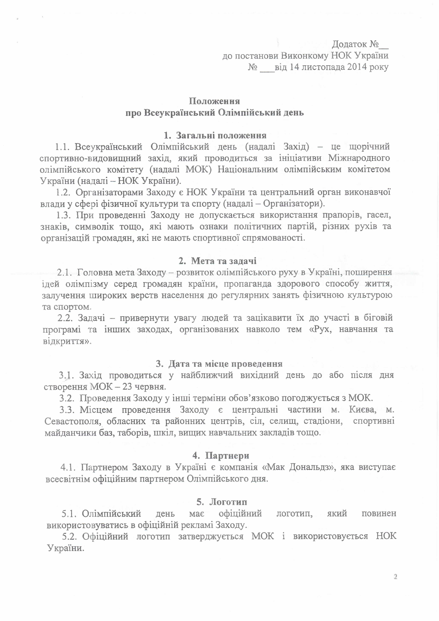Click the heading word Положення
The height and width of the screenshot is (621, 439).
coord(214,101)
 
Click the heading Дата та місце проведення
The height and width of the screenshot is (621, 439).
coord(225,364)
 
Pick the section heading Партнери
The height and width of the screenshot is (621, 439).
coord(227,456)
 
